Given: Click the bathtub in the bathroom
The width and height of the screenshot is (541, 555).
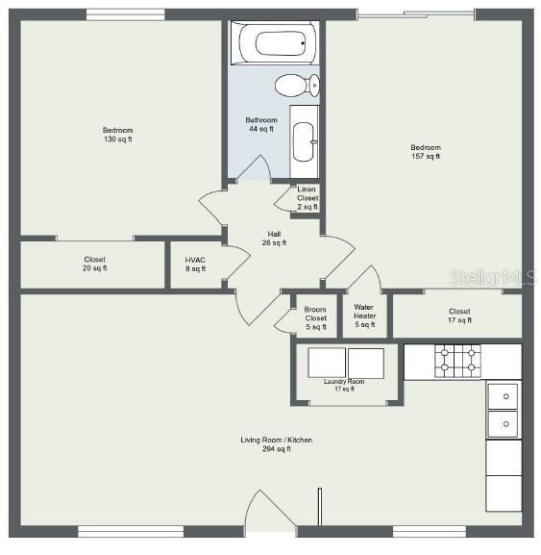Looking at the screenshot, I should click(274, 43).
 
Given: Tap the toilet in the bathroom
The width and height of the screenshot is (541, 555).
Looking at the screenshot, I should click(296, 87).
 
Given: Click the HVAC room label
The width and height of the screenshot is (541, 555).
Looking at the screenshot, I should click(195, 264).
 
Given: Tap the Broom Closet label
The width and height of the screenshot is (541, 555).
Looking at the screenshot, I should click(315, 318).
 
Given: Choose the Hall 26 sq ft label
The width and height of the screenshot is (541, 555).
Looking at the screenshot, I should click(274, 238).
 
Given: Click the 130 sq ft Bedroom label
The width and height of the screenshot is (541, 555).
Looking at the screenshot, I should click(117, 135).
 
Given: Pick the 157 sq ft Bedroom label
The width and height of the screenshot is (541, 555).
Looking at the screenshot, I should click(425, 151).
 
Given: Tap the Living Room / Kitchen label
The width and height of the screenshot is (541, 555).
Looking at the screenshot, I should click(276, 444).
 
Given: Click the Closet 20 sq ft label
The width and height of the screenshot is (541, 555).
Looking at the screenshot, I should click(94, 264).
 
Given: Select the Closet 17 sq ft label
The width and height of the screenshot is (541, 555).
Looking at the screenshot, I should click(458, 315).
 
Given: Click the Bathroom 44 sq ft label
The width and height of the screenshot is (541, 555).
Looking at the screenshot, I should click(260, 124).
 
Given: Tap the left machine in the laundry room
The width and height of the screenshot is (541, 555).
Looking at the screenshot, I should click(326, 363).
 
